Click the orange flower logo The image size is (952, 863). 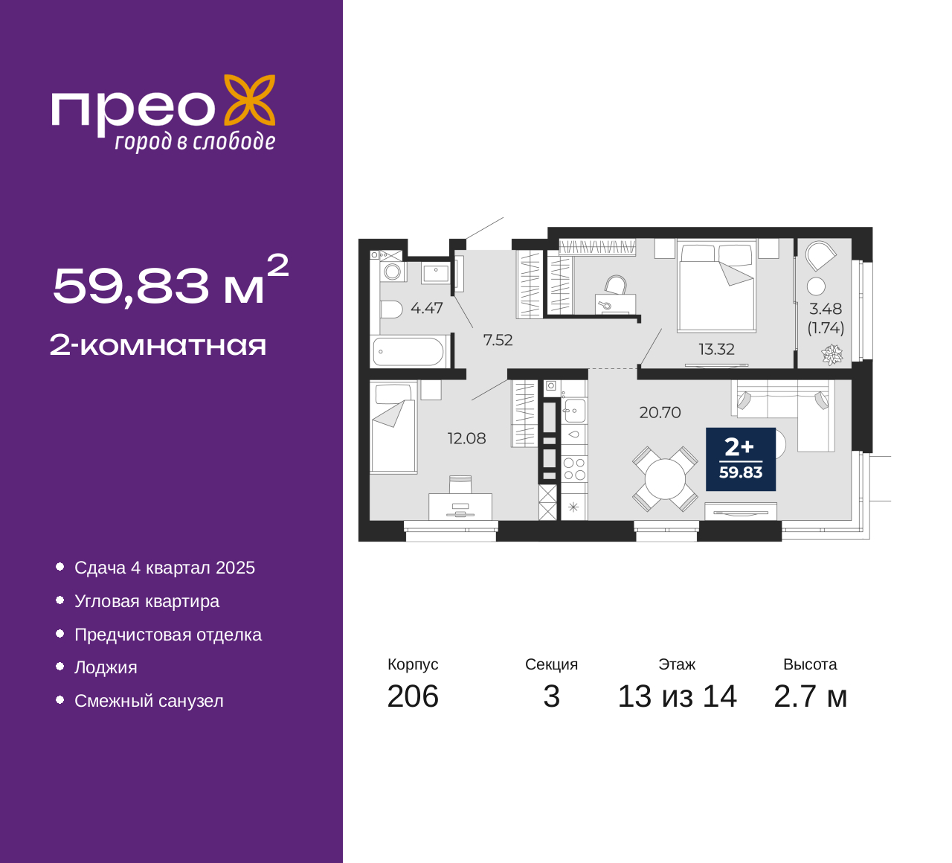[250, 100]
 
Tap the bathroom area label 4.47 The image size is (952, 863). [427, 308]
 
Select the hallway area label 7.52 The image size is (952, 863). [498, 340]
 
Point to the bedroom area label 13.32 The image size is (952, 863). [716, 350]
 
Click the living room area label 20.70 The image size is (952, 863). [660, 412]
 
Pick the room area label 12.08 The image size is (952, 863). [466, 438]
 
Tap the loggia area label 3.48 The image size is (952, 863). [826, 309]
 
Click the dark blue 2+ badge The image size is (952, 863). [740, 459]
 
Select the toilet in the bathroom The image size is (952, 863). [391, 310]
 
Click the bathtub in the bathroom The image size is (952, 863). [408, 352]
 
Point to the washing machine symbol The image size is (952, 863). [393, 272]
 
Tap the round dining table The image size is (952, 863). [665, 479]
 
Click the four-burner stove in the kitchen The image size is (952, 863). [574, 469]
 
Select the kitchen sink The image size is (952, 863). [574, 410]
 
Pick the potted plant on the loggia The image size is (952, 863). [832, 355]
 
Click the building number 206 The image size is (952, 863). [413, 696]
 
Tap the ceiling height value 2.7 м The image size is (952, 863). [810, 696]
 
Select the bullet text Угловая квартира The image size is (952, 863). [147, 601]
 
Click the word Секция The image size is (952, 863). [551, 664]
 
